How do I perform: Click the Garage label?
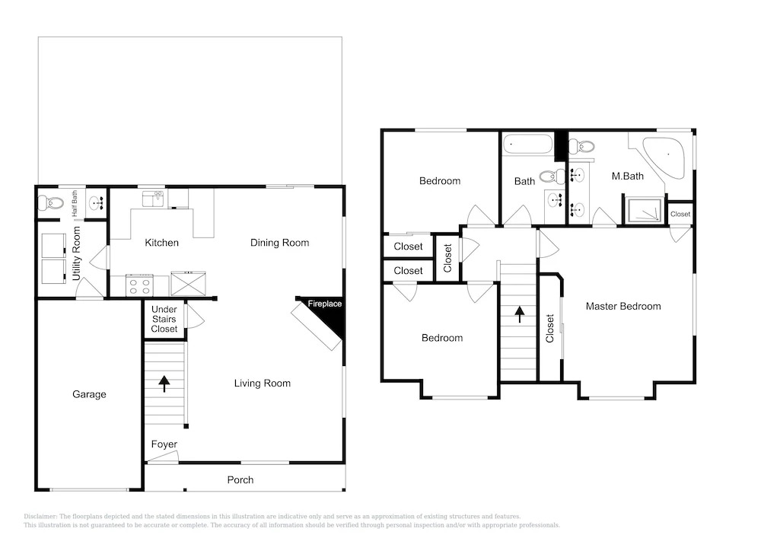coord(89,394)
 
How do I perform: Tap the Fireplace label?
coord(325,304)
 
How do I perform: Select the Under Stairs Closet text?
coord(164,319)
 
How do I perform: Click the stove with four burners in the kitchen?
coord(139,285)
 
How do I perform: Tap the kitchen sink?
coord(152,199)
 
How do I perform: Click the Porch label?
coord(240,479)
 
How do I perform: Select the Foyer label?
coord(164,444)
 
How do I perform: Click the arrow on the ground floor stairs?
coord(164,384)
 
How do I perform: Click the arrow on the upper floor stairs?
coord(520,314)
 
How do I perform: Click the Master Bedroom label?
coord(623,306)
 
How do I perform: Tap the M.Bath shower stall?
coord(643,211)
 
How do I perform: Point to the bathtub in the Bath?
coord(527,145)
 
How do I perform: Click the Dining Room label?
coord(279,243)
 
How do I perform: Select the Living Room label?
coord(262,384)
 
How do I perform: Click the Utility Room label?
coord(76,253)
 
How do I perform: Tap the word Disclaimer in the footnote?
coord(40,517)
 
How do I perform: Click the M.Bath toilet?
coord(581,145)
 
